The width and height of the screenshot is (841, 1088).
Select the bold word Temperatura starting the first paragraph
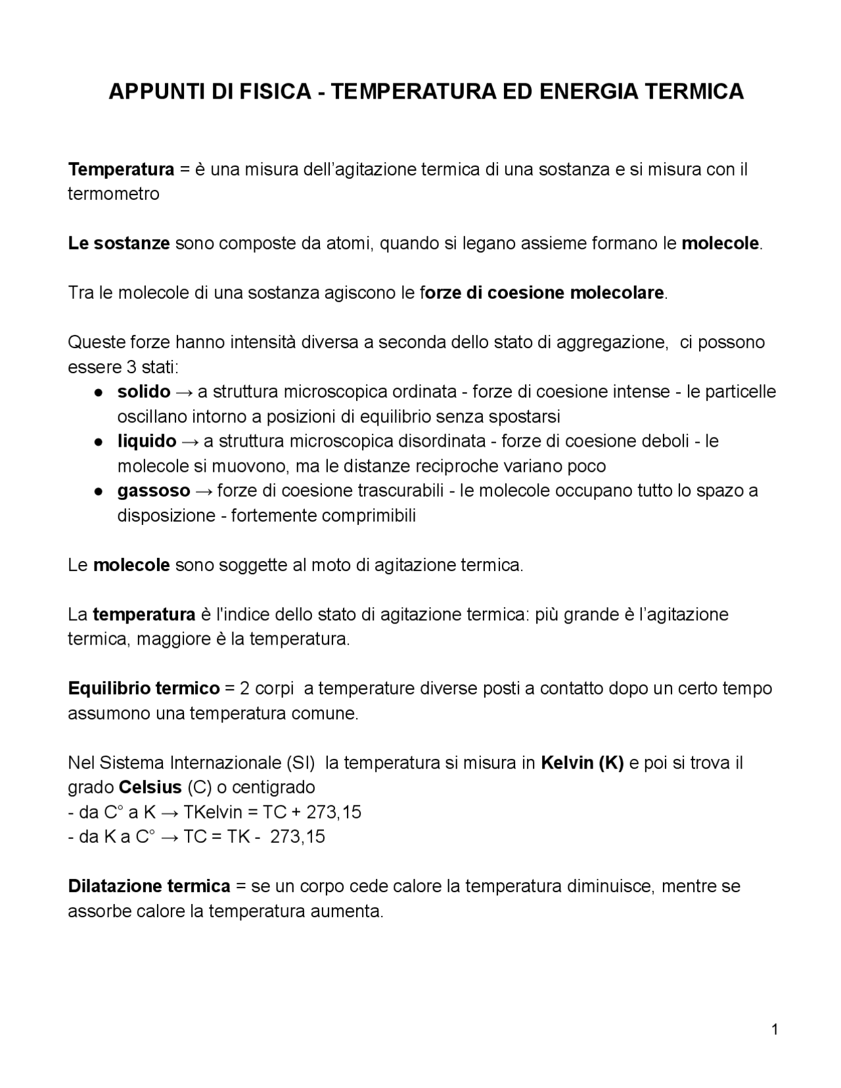tap(121, 170)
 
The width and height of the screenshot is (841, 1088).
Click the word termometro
tap(114, 194)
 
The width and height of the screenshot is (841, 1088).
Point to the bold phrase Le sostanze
tap(119, 244)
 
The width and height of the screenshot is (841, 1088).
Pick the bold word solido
tap(144, 392)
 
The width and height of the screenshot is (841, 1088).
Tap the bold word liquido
tap(147, 441)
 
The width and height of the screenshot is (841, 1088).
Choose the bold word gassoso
tap(154, 491)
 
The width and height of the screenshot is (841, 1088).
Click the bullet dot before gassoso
tap(97, 491)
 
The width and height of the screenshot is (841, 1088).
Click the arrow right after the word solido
tap(185, 392)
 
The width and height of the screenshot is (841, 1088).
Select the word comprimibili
tap(369, 515)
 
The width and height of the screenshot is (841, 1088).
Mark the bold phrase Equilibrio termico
tap(144, 689)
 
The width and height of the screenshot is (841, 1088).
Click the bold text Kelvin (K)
tap(582, 763)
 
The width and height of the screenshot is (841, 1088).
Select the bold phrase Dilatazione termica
tap(149, 886)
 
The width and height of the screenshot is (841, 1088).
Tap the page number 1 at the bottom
tap(775, 1030)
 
